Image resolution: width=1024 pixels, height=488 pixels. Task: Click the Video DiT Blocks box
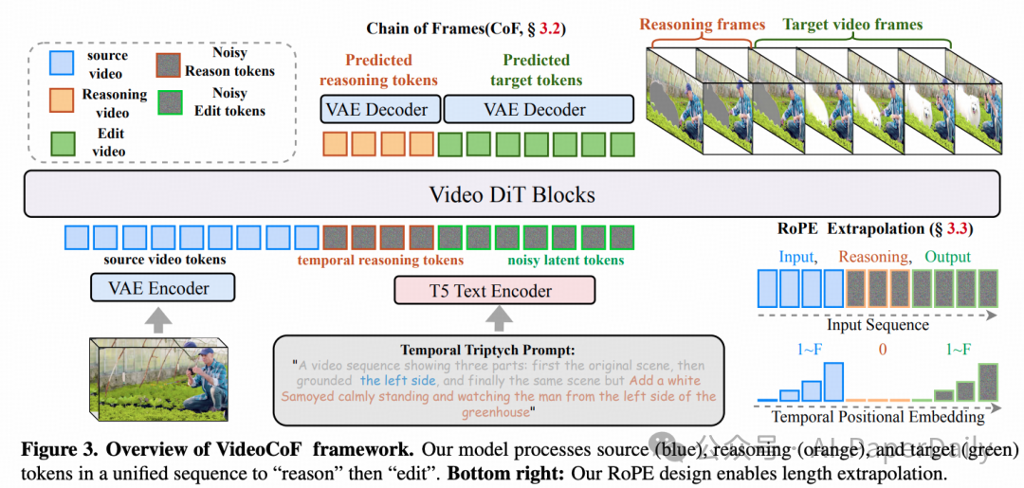click(512, 195)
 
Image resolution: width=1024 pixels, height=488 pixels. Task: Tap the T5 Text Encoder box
click(495, 290)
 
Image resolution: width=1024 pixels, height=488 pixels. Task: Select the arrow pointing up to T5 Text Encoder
click(495, 320)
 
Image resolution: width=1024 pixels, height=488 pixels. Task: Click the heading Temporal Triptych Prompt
click(494, 348)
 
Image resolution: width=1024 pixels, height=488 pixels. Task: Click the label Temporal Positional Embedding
click(877, 416)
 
